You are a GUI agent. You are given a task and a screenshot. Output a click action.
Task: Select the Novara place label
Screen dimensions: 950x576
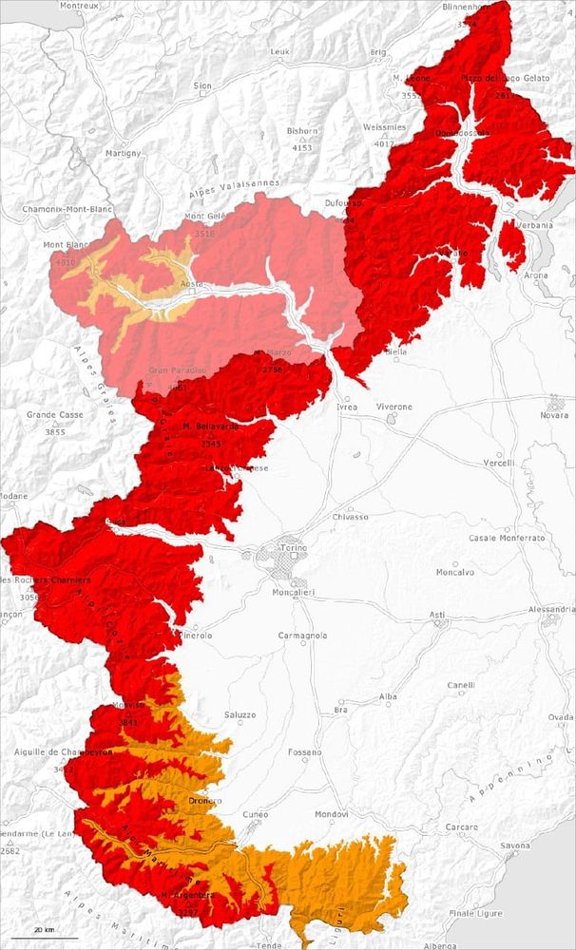coord(553,415)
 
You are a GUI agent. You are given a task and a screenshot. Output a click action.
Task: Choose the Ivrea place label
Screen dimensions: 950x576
coord(347,407)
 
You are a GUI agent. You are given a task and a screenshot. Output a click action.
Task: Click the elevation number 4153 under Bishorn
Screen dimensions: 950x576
coord(302,148)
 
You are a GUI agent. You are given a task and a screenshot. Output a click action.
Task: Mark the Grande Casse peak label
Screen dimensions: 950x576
coord(54,415)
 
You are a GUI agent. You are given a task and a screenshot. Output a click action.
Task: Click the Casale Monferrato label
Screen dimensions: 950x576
coord(507,538)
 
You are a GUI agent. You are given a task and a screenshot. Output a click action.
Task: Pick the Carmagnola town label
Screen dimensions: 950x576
coord(303,635)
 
